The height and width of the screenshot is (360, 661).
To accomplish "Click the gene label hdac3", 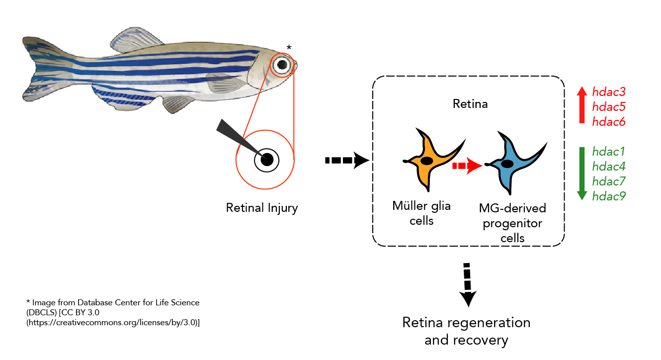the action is (x=609, y=92).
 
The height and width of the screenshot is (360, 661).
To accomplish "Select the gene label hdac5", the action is (x=609, y=106).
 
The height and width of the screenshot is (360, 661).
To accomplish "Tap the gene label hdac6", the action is (x=609, y=122).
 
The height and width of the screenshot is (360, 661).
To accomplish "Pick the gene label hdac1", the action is (x=608, y=152).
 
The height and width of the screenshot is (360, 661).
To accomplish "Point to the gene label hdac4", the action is (x=609, y=167).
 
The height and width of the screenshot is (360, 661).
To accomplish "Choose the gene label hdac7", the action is (x=609, y=181).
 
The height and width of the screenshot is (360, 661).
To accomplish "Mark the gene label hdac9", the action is (x=609, y=196).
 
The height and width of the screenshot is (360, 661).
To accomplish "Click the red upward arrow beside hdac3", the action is (x=582, y=105).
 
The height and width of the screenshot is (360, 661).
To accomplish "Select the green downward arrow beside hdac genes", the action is (x=582, y=174).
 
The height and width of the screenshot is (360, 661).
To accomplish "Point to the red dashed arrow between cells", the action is (x=467, y=166).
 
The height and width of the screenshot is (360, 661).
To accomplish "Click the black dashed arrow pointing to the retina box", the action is (x=347, y=161).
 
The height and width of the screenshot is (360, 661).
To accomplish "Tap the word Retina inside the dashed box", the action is (x=470, y=104).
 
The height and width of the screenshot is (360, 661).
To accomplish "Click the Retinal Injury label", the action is (x=262, y=208).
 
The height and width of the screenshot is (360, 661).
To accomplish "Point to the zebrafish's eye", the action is (x=282, y=65).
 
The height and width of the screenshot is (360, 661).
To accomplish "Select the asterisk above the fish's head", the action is (x=289, y=47).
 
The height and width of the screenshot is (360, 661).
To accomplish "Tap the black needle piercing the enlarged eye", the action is (x=241, y=139).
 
